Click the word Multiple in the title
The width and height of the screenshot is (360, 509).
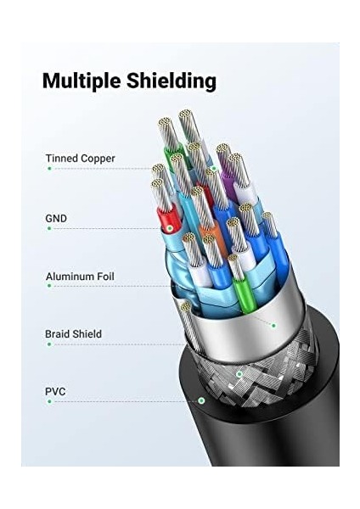(x=82, y=81)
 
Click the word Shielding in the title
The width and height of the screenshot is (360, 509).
(x=172, y=81)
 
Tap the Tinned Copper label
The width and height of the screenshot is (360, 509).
(x=81, y=159)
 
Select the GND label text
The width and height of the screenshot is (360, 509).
(x=56, y=218)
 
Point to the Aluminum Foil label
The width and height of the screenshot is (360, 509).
(x=80, y=277)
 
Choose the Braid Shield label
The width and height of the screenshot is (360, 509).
(x=73, y=333)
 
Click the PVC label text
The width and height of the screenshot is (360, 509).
(x=55, y=391)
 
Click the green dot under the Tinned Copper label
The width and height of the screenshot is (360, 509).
(x=49, y=169)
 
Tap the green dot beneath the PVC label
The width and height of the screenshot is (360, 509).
(x=49, y=401)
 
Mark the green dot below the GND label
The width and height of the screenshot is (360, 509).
(x=49, y=228)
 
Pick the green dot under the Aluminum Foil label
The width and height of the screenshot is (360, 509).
(x=49, y=286)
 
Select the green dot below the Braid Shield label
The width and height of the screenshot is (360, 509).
(x=49, y=344)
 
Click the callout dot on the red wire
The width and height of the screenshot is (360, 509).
(x=170, y=228)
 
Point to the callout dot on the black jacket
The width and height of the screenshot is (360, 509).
(x=202, y=400)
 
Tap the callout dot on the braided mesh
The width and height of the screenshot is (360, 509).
(x=239, y=374)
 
